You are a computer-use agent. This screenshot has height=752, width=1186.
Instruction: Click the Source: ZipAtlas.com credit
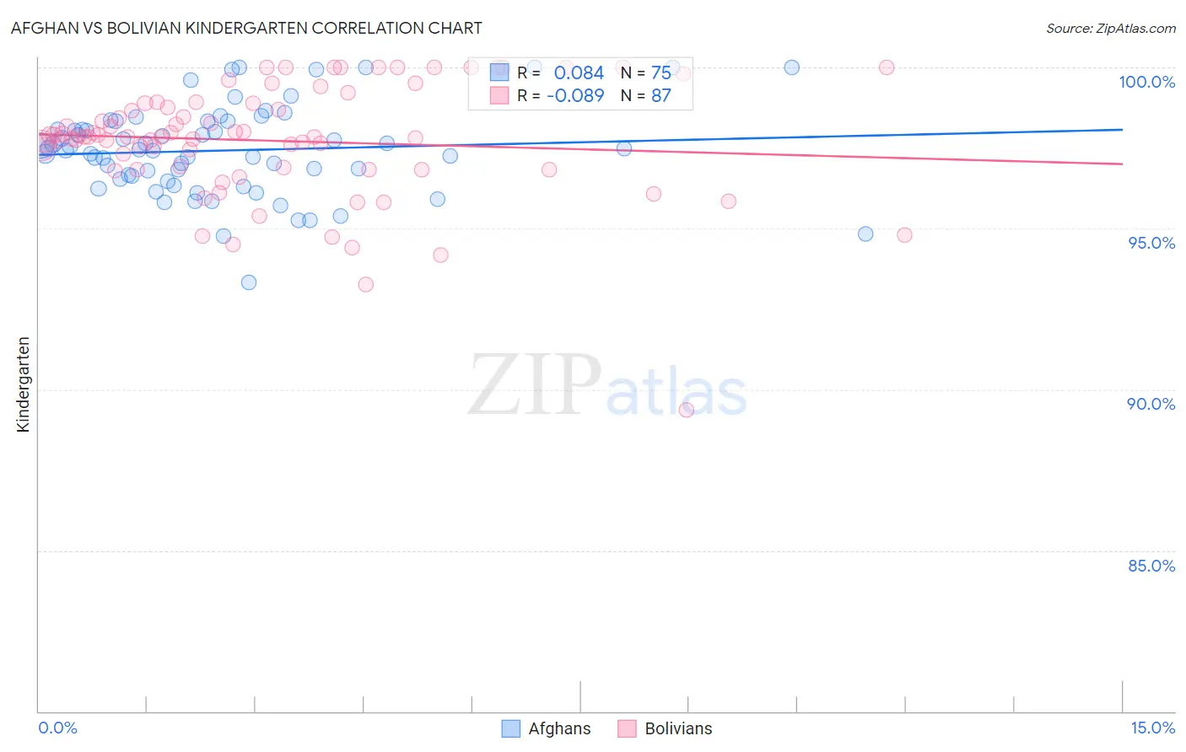(1110, 28)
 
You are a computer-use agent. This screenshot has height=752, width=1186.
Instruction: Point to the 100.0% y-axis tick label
(1146, 82)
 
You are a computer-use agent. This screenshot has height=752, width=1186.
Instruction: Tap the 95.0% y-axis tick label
(1151, 243)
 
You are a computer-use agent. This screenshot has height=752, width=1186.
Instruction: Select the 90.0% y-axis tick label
(1151, 404)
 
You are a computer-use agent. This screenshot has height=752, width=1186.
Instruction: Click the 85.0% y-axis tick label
(1151, 566)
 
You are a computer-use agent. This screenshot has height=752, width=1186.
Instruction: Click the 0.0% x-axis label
(57, 728)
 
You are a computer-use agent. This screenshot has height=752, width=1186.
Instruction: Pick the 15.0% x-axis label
(1152, 728)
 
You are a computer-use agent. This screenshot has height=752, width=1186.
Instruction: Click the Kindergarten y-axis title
(23, 384)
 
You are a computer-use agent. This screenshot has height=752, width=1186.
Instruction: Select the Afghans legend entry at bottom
(546, 728)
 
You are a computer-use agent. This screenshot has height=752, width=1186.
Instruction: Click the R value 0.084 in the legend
(579, 73)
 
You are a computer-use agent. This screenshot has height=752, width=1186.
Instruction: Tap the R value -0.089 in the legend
(575, 96)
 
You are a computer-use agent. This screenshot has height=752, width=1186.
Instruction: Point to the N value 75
(660, 73)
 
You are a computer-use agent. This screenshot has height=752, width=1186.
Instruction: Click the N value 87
(660, 96)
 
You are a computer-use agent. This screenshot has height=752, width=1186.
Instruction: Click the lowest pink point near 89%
(686, 410)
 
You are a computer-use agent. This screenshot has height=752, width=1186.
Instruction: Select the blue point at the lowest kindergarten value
(248, 282)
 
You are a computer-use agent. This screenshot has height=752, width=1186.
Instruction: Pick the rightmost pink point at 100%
(887, 67)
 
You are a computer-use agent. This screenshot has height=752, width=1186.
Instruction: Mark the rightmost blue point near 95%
(865, 234)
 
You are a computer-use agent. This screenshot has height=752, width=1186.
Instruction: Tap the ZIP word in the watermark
(535, 385)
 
